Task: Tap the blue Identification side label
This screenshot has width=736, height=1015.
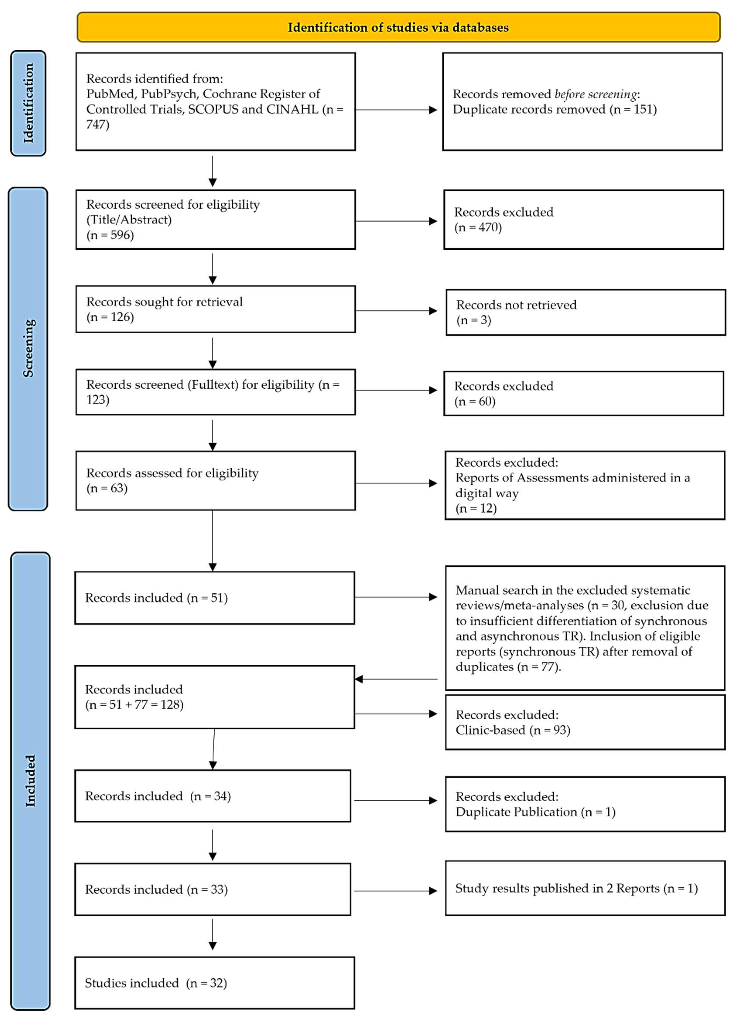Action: click(x=28, y=103)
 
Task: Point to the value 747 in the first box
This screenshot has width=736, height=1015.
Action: click(x=97, y=124)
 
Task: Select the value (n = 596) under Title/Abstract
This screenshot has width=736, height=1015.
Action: click(x=110, y=235)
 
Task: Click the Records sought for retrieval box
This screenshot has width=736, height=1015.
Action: click(x=215, y=309)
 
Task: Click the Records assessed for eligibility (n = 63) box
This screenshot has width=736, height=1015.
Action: click(x=215, y=480)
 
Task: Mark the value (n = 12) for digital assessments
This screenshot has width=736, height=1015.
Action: click(x=476, y=508)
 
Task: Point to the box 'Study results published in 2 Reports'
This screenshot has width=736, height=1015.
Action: click(x=585, y=888)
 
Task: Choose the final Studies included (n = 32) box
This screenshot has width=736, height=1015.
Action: click(x=214, y=983)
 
